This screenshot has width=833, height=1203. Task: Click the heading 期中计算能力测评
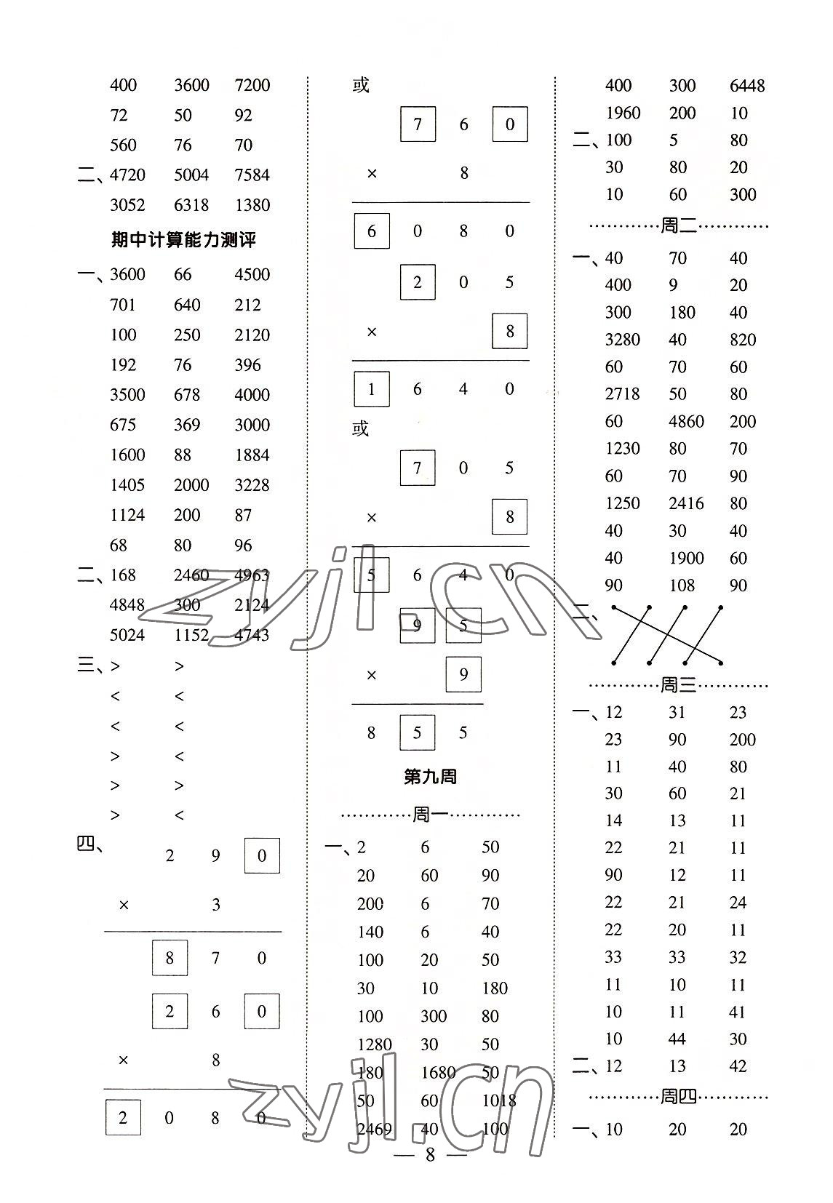tap(183, 240)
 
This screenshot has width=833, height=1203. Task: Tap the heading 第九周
tap(430, 777)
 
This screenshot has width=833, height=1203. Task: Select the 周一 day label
tap(431, 815)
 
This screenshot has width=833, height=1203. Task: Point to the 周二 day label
tap(678, 226)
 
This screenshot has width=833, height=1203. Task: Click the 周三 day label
tap(678, 684)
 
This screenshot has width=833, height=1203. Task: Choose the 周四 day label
tap(678, 1097)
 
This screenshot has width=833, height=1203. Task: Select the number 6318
tap(191, 205)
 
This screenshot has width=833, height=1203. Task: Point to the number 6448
tap(747, 86)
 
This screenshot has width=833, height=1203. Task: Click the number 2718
tap(622, 394)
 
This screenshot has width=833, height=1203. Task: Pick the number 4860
tap(686, 421)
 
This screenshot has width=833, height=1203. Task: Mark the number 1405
tap(127, 485)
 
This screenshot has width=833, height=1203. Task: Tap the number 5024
tap(127, 635)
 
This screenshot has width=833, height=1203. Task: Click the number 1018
tap(499, 1100)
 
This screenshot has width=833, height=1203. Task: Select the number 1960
tap(622, 113)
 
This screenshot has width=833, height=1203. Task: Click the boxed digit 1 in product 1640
tap(371, 389)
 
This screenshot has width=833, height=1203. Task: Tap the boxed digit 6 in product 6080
tap(371, 231)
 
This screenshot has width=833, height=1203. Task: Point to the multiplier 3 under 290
tap(215, 905)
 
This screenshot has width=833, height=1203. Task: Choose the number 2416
tap(686, 503)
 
